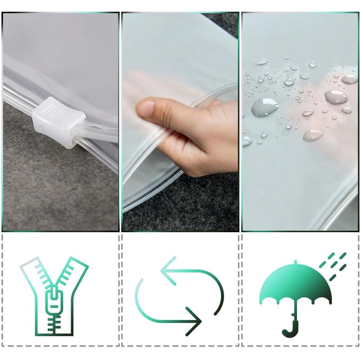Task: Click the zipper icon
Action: [x=54, y=297]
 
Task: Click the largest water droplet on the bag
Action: [x=265, y=107]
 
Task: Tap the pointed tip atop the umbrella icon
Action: [x=295, y=262]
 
